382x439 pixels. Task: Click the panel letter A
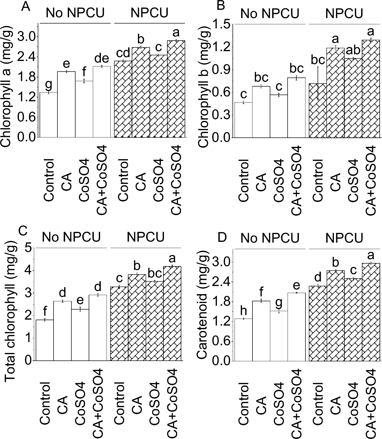tap(26, 6)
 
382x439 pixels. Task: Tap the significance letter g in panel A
tap(48, 84)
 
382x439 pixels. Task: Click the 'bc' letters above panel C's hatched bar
tap(155, 273)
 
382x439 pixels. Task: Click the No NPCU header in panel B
tap(270, 13)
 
